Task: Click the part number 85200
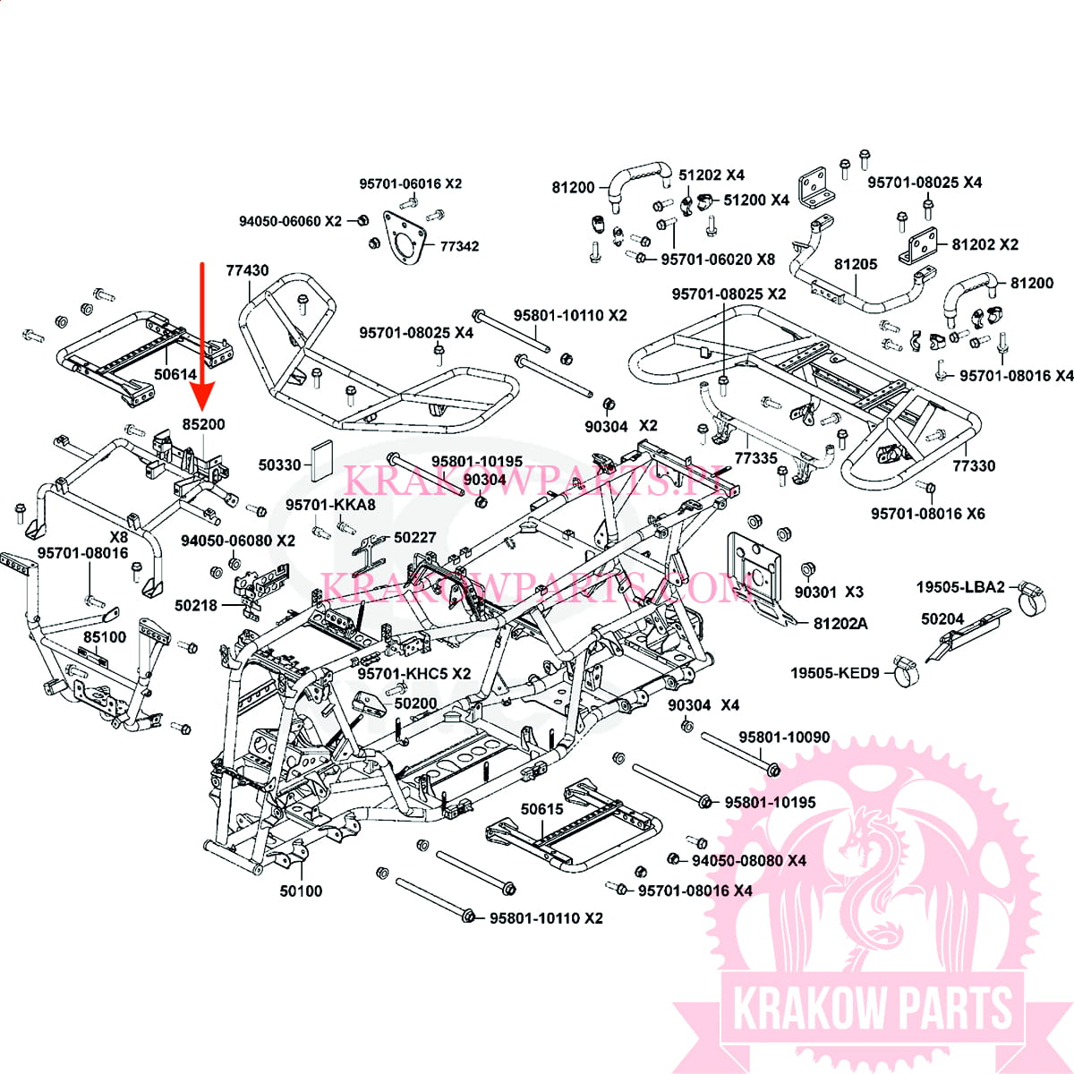click(203, 424)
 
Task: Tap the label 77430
click(247, 270)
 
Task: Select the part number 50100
click(301, 891)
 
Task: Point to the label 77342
click(459, 246)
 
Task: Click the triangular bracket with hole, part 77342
click(404, 237)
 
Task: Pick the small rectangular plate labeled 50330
click(321, 460)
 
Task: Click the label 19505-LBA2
click(959, 586)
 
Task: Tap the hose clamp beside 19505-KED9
click(906, 671)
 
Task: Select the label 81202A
click(840, 623)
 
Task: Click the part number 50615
click(542, 809)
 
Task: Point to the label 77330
click(974, 465)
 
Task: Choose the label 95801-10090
click(784, 737)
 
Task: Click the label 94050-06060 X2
click(290, 221)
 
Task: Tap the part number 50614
click(175, 374)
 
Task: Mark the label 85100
click(105, 637)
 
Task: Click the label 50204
click(942, 618)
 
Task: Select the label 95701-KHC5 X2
click(414, 673)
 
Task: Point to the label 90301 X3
click(829, 592)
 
